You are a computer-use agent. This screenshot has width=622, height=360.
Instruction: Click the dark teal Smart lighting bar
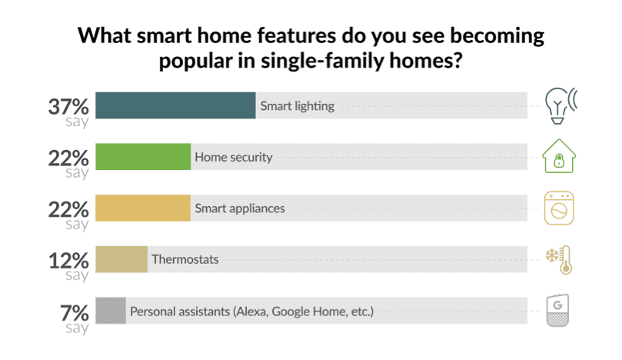click(176, 105)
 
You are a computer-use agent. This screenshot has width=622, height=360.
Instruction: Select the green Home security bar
click(143, 157)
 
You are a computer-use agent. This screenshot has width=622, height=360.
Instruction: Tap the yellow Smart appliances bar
click(143, 208)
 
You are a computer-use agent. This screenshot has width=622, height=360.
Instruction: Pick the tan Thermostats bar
click(121, 259)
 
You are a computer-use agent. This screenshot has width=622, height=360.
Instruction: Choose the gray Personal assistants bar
click(111, 311)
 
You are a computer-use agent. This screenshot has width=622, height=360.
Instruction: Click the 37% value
click(68, 107)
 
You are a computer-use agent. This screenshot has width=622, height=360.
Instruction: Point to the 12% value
click(68, 261)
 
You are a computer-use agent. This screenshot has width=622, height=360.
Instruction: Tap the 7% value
click(75, 313)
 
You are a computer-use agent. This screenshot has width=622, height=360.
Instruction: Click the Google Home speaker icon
click(557, 311)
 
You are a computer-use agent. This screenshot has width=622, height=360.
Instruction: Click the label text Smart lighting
click(297, 106)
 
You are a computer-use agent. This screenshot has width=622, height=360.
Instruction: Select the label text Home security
click(234, 157)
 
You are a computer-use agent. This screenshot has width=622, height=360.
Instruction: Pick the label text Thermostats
click(185, 259)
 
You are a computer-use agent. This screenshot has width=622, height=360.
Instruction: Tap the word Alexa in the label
click(251, 312)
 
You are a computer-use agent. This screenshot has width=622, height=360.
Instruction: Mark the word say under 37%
click(77, 122)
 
